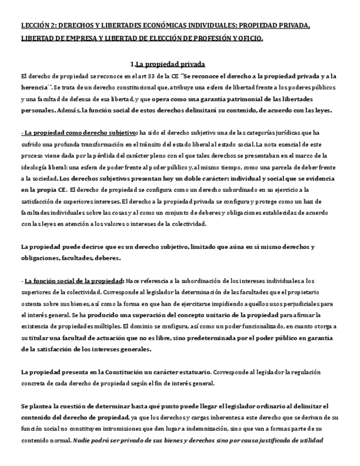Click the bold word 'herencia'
[35, 87]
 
